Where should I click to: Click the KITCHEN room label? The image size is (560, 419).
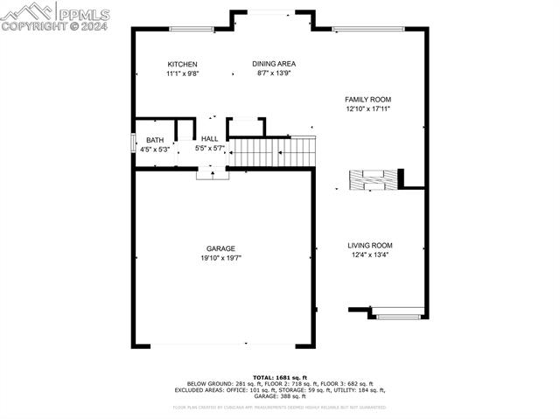tap(183, 65)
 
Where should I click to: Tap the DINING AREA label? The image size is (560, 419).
tap(274, 64)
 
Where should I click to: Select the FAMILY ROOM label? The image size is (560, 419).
tap(367, 100)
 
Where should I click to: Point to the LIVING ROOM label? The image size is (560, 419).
tap(370, 246)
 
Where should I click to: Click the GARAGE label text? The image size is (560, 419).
tap(220, 249)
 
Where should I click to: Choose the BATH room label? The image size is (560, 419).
tap(155, 140)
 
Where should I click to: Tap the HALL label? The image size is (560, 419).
tap(210, 139)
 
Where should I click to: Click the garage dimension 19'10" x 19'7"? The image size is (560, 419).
tap(220, 258)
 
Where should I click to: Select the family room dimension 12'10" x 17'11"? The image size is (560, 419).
tap(367, 109)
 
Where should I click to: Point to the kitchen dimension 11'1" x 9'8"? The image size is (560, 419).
tap(183, 74)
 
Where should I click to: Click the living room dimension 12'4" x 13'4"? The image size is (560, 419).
tap(370, 255)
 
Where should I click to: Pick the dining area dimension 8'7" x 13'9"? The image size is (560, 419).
tap(274, 73)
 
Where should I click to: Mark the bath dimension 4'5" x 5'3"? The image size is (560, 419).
tap(155, 150)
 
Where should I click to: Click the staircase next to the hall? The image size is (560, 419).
tap(271, 152)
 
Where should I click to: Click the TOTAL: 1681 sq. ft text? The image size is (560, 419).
tap(279, 376)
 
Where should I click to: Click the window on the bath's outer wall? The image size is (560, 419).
tap(133, 143)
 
